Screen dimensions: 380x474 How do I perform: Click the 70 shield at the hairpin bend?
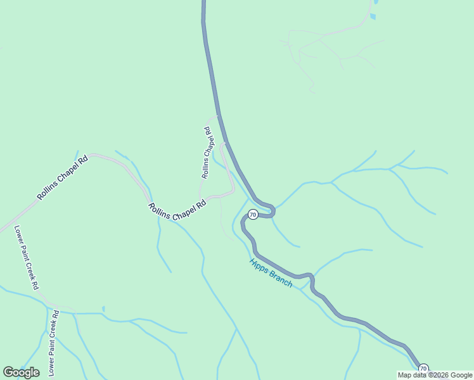coord(253,215)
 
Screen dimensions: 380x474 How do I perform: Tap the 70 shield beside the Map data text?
coord(423,369)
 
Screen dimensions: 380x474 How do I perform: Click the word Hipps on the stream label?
coord(259,265)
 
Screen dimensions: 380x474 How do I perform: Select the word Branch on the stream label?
coord(281,279)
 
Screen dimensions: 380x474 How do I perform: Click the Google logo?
coord(21,372)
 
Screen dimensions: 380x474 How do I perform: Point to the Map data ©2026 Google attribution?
coord(435,375)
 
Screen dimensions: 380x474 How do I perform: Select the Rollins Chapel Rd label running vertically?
coord(206,152)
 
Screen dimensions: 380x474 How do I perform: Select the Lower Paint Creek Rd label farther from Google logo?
coord(27,258)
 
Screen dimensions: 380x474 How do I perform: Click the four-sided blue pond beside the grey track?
coord(373,16)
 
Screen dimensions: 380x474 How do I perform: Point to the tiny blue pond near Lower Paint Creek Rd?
coord(103,309)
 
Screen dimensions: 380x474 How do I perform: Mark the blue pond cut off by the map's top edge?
coord(376,2)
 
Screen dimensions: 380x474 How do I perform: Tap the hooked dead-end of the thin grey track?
coord(311,92)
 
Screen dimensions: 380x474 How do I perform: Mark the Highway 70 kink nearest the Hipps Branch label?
coord(311,276)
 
